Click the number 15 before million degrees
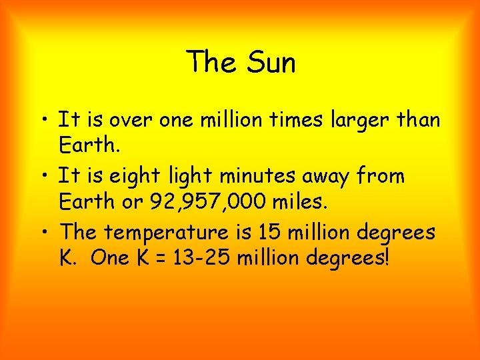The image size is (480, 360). [284, 233]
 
